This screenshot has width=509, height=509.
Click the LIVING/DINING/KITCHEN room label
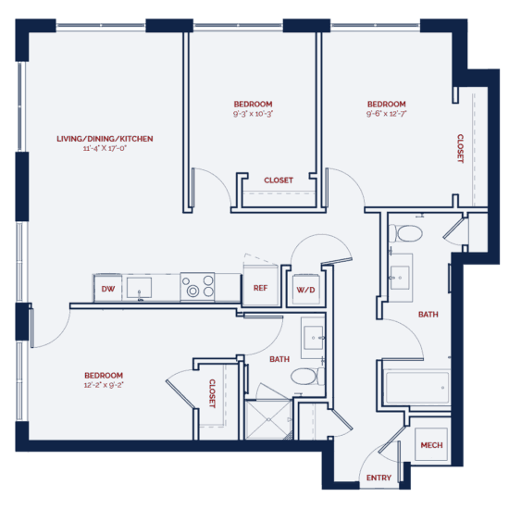click(105, 139)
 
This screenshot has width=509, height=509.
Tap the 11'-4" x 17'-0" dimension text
click(105, 149)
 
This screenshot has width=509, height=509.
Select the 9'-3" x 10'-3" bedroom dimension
click(253, 114)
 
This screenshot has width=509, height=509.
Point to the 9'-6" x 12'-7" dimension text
click(386, 114)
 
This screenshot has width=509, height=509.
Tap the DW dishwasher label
click(107, 289)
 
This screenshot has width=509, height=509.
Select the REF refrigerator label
click(260, 288)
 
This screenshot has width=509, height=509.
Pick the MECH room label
click(431, 445)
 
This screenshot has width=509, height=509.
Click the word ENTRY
click(379, 478)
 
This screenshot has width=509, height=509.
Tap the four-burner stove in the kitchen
click(197, 286)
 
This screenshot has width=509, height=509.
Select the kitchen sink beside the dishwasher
click(141, 288)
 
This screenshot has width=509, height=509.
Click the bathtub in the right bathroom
click(414, 385)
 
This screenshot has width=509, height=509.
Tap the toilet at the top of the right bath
click(405, 232)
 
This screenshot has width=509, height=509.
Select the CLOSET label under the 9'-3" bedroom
click(279, 180)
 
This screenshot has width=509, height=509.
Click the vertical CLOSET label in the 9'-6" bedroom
click(460, 148)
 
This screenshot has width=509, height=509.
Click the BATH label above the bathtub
click(428, 315)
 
